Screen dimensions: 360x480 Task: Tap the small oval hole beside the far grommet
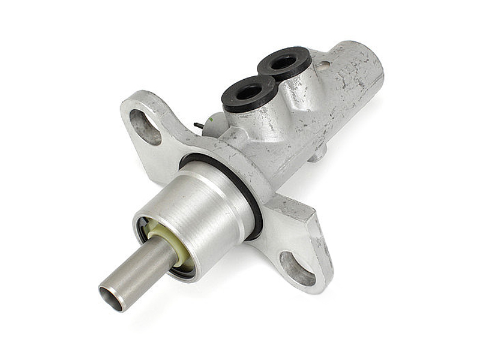coord(323,65)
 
